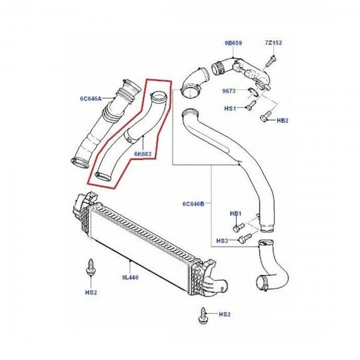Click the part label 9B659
(x=233, y=43)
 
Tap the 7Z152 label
(x=273, y=43)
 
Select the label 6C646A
(x=91, y=99)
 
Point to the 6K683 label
(x=143, y=154)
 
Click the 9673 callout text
(x=229, y=91)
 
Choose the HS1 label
(x=230, y=108)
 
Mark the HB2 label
(x=283, y=121)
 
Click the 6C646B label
(x=193, y=203)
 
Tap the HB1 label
(x=236, y=214)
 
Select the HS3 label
(x=222, y=241)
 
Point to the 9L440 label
(x=130, y=277)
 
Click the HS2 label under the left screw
(x=91, y=293)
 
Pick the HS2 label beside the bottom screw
(x=225, y=314)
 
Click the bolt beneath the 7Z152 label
(x=271, y=61)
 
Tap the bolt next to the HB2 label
(x=266, y=116)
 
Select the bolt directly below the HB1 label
(x=239, y=227)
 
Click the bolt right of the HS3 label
(x=245, y=237)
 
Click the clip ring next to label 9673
(x=253, y=91)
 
